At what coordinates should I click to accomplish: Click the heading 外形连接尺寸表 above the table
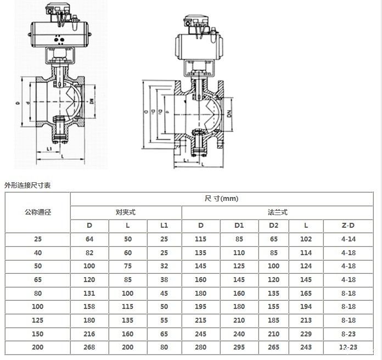(x=27, y=185)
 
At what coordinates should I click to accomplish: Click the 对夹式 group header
(x=126, y=212)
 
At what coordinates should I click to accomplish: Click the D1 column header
(x=239, y=226)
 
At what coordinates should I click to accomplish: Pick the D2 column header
(x=273, y=226)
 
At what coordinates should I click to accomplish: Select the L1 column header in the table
(x=164, y=226)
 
